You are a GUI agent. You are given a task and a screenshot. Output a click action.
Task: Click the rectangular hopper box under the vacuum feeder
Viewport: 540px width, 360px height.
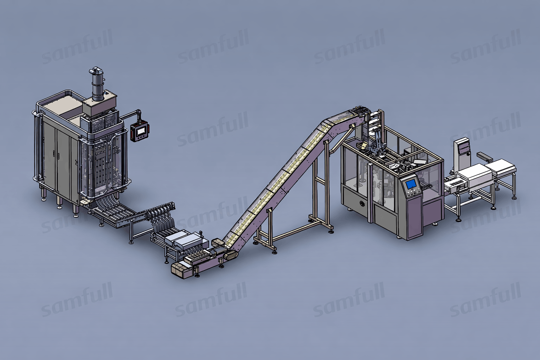(x=99, y=106)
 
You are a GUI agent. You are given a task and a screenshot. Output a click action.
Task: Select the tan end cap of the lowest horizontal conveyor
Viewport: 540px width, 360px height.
(x=179, y=270)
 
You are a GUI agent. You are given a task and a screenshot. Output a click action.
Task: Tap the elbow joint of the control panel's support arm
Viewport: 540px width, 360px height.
(x=139, y=112)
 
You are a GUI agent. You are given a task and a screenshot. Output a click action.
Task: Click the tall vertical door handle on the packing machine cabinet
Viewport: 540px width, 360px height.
(x=54, y=154)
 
